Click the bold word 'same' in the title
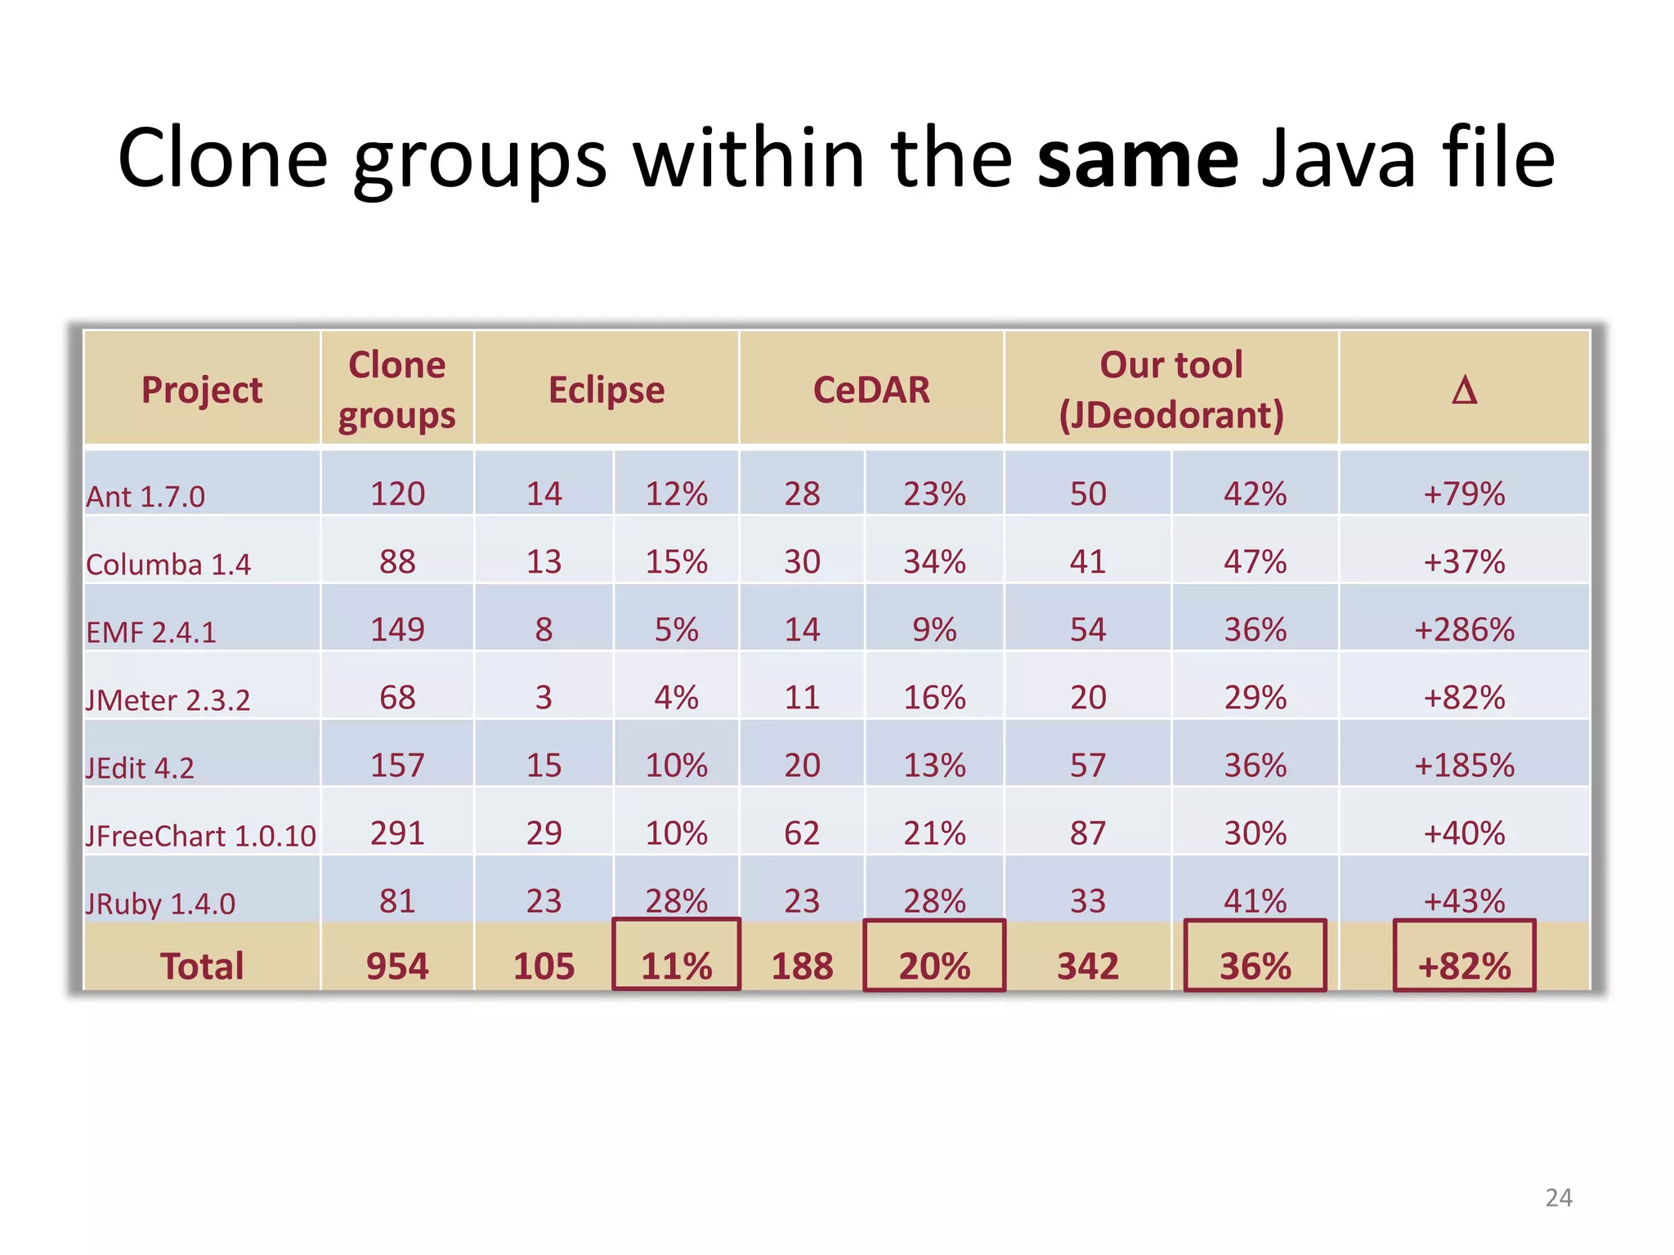coord(1138,159)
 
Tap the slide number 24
coord(1558,1198)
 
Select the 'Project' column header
coord(202,390)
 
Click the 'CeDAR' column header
coord(871,390)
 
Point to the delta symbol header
coord(1464,390)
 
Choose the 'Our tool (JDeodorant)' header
coord(1171,390)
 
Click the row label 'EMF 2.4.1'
coord(151,632)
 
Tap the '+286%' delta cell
coord(1464,630)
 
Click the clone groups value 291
coord(397,833)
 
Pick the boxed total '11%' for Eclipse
coord(676,966)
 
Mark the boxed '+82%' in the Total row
coord(1464,966)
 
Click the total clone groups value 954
coord(397,966)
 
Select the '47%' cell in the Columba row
coord(1255,562)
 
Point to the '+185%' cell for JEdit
coord(1464,766)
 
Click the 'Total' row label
coord(202,966)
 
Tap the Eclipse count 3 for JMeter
coord(544,698)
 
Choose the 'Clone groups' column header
coord(397,390)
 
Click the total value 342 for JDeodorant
coord(1087,966)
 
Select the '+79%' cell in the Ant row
coord(1464,494)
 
